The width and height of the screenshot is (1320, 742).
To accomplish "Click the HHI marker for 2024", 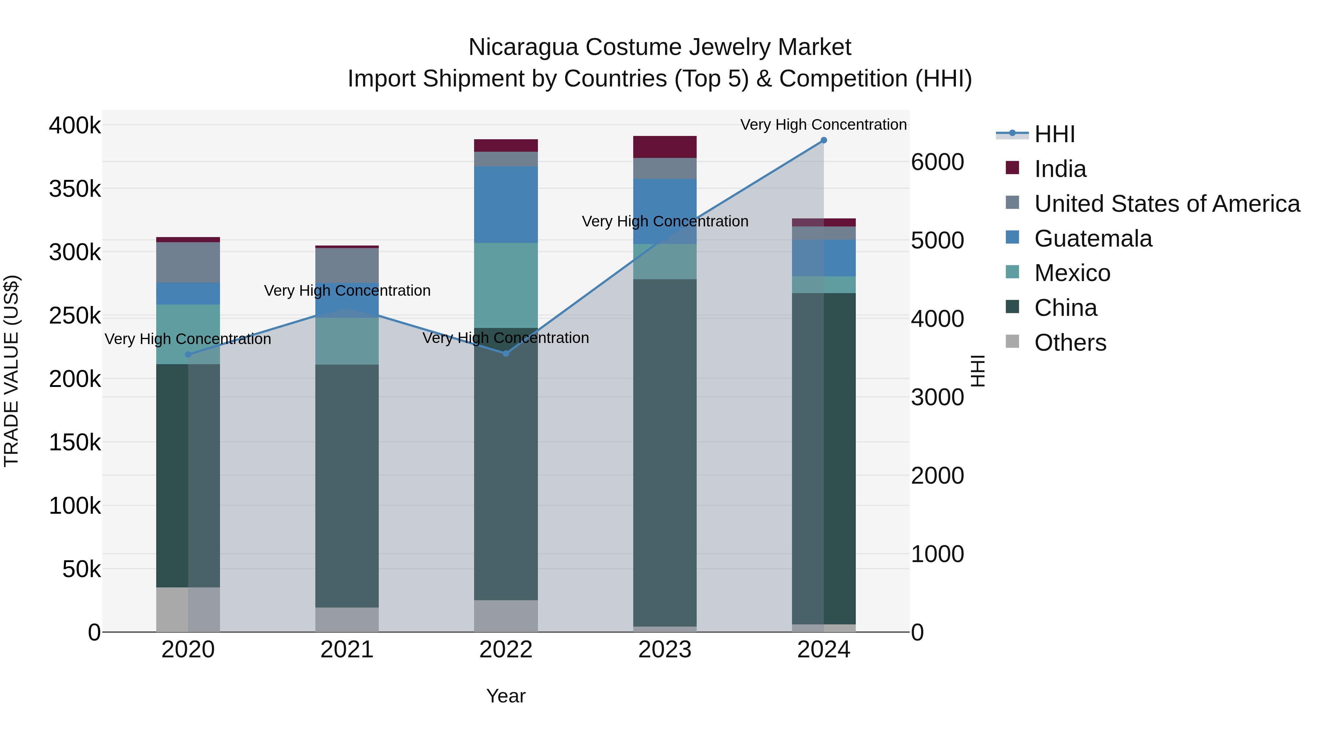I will coord(824,140).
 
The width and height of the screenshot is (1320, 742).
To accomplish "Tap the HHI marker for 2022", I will coord(506,353).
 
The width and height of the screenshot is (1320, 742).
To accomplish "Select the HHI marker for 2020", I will coord(188,354).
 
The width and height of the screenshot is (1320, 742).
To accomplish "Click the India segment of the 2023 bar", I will coord(665,147).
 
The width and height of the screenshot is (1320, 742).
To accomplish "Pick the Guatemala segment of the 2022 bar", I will coord(506,204).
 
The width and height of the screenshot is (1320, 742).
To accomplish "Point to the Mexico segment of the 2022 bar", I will coord(506,285).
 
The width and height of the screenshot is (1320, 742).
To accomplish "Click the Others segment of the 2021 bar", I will coord(347,619).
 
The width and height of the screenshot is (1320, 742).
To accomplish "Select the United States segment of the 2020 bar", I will coord(188,262).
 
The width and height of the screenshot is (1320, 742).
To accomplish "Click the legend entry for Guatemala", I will coord(1093,239).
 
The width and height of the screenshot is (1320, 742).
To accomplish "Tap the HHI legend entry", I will coord(1054,134).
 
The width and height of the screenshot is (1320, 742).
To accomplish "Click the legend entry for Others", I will coord(1070,343).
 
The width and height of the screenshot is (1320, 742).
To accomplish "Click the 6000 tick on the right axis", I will coord(937,162).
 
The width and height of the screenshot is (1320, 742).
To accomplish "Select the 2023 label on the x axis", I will coord(665,650).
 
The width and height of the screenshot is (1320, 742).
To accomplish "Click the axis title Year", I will coord(506,696).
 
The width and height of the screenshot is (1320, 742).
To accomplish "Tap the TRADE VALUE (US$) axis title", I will coord(11,371).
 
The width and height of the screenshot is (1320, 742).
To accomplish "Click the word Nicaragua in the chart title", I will coord(522,47).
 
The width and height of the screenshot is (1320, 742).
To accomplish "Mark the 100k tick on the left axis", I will coord(75,506).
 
